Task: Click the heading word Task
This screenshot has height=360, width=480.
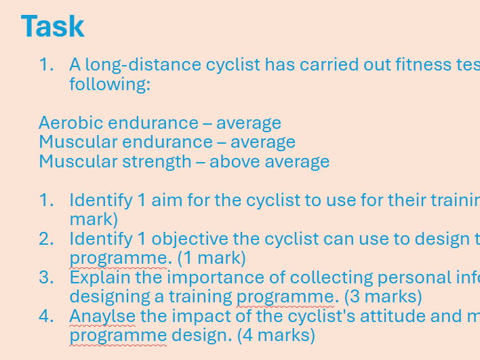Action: tap(52, 26)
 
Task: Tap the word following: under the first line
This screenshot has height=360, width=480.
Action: tap(109, 85)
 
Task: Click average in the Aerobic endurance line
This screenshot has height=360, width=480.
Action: tap(248, 123)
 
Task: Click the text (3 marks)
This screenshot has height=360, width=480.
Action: tap(383, 297)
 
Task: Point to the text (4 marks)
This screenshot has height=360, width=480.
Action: tap(277, 335)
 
